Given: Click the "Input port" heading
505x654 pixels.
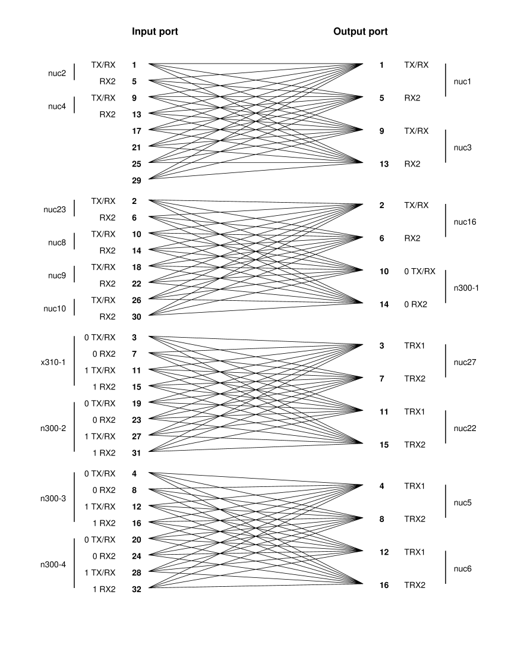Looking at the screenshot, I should click(154, 32).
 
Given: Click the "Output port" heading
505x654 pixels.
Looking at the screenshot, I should click(361, 32).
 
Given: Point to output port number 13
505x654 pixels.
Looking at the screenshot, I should click(384, 164).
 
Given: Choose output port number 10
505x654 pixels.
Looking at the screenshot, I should click(384, 271).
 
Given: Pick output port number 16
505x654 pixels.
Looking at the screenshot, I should click(384, 586).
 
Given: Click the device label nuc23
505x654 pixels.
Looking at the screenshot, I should click(54, 209).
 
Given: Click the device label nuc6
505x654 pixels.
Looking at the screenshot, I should click(462, 569).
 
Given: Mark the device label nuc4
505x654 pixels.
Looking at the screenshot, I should click(57, 106).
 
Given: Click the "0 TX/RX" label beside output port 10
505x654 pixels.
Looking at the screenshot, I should click(419, 271).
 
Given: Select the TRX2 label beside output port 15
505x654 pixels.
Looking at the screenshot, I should click(415, 445).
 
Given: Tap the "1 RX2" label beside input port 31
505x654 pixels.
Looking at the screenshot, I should click(104, 452).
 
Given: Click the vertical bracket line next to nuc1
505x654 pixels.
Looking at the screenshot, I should click(446, 80).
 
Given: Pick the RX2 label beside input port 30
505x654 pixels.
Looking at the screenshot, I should click(108, 316).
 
